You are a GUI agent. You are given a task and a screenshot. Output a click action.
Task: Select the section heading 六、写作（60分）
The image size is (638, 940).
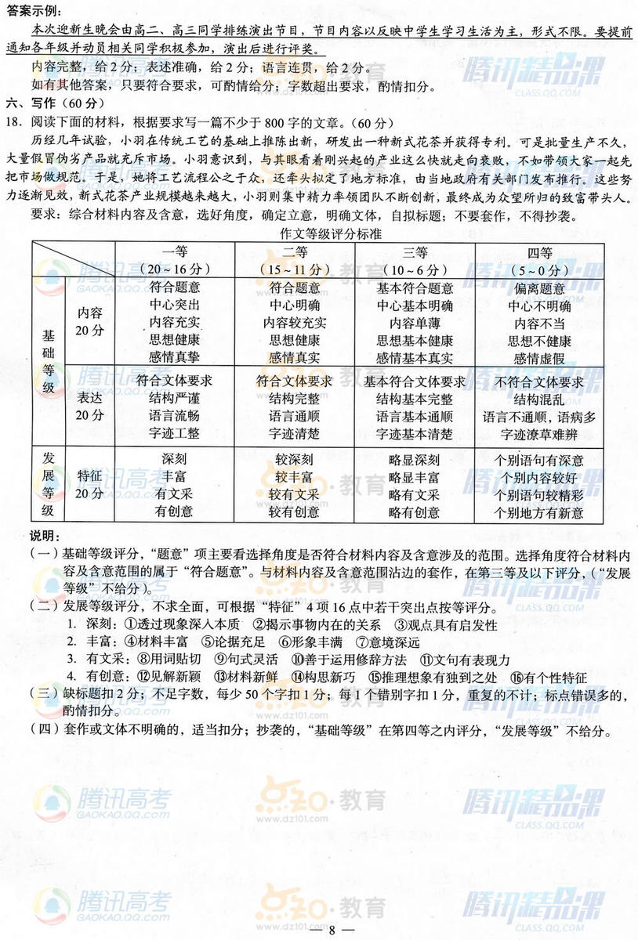point(54,104)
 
